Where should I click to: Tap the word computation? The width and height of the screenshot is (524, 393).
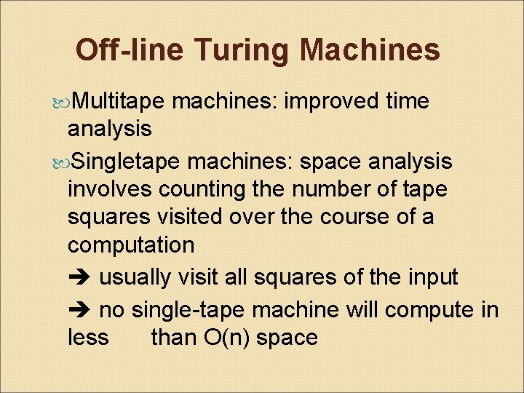pyautogui.click(x=130, y=245)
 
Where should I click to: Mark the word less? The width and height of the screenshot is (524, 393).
pyautogui.click(x=87, y=338)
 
